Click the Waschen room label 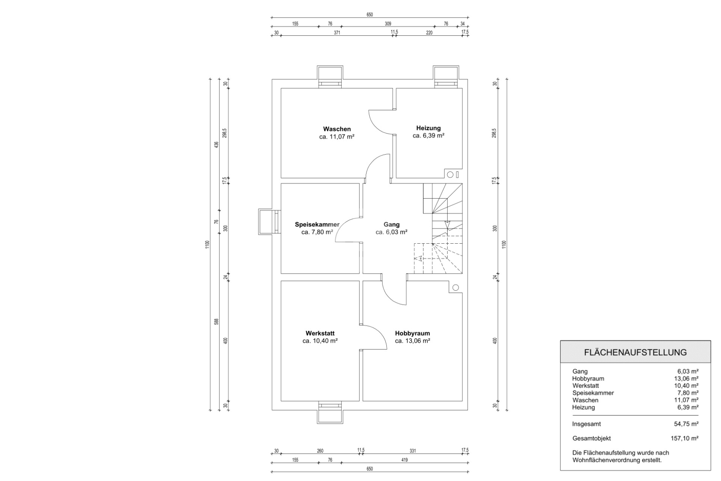337,129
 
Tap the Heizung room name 428,128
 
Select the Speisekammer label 317,225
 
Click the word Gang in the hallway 391,225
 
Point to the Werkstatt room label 320,333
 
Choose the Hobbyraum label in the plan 412,333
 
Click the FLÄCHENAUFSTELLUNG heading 635,352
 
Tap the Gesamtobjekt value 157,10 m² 685,438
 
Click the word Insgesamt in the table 586,424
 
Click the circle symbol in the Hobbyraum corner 456,288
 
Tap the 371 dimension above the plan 337,33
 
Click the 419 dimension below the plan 404,460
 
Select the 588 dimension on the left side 216,322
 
